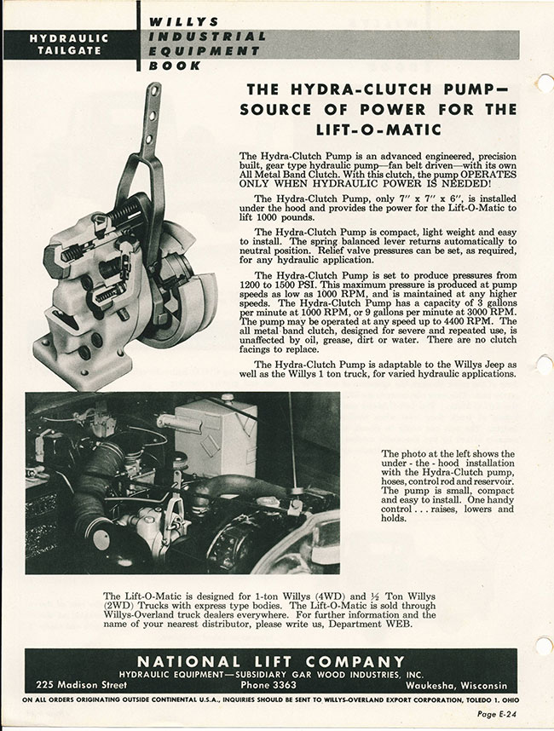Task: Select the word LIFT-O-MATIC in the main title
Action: (x=380, y=130)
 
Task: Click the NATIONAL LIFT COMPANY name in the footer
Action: (x=271, y=661)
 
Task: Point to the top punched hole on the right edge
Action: (x=546, y=83)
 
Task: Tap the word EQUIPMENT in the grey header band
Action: (x=204, y=50)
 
